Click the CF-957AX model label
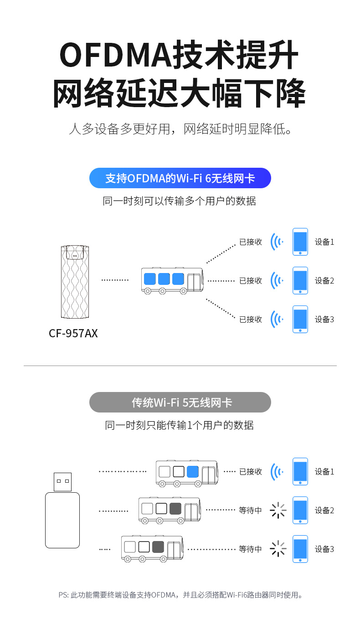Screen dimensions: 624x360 [73, 333]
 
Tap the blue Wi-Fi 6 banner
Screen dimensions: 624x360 [180, 178]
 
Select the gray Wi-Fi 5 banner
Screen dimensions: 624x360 [180, 402]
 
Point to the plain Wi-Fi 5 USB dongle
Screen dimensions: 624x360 [62, 520]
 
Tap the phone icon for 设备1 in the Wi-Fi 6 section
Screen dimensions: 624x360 [300, 242]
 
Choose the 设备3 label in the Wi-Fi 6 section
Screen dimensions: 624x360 [324, 319]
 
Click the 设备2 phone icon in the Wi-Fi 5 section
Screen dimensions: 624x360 [300, 510]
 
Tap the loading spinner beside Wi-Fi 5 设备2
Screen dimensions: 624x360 [278, 510]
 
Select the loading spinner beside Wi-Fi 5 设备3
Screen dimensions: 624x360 [278, 549]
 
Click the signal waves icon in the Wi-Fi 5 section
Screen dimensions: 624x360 [277, 471]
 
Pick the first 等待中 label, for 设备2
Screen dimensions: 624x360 [251, 511]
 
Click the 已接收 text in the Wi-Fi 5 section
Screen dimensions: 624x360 [251, 472]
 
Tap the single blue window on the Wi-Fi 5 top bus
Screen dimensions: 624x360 [193, 471]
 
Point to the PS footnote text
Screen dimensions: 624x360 [180, 595]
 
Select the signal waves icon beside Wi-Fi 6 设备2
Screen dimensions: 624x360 [277, 280]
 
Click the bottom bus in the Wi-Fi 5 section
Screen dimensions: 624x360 [153, 549]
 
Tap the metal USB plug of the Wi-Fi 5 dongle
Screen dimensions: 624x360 [62, 482]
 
